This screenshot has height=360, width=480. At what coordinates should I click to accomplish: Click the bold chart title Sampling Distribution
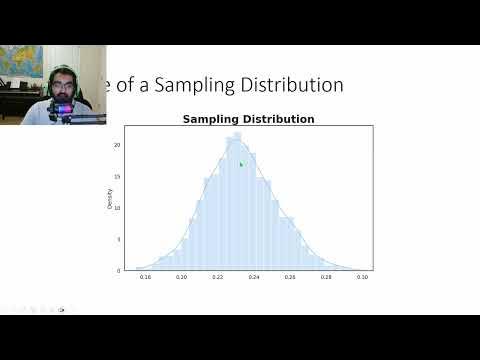pos(248,119)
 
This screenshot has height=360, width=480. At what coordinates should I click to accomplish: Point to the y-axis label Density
pos(124,198)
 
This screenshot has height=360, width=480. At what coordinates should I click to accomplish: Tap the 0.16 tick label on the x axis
pos(145,276)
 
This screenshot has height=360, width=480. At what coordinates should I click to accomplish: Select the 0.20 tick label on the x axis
pos(181,276)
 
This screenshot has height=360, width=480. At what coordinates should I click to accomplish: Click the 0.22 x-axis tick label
pos(217,276)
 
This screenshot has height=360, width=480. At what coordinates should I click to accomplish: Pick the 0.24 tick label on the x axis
pos(253,276)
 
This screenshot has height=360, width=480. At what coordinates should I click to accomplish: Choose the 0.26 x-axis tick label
pos(290,276)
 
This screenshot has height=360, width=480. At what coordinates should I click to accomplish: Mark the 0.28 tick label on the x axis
pos(326,276)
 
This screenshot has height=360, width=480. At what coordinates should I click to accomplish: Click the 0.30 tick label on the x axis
pos(362,276)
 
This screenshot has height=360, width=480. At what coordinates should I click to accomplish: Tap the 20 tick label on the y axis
pos(118,145)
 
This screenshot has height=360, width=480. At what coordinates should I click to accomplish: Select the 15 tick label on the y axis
pos(118,177)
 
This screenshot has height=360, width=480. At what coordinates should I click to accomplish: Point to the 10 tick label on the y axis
pos(118,208)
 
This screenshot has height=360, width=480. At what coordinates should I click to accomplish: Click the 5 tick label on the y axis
pos(119,239)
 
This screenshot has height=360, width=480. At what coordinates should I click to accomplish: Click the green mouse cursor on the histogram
pos(241,164)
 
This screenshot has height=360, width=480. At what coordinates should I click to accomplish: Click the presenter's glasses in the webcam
pos(62,87)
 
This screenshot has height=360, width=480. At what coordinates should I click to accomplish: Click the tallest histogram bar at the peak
pos(237,200)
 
